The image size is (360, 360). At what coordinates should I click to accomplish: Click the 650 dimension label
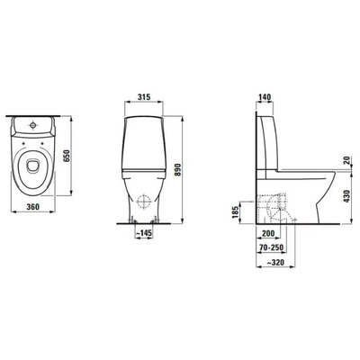[x=67, y=156]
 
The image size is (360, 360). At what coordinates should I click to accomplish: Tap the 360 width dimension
[x=33, y=207]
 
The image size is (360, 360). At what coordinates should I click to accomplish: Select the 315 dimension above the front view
[x=144, y=97]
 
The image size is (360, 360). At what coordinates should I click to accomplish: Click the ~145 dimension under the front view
[x=144, y=233]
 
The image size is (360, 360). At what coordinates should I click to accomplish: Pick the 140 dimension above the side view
[x=265, y=97]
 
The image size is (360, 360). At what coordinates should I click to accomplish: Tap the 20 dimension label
[x=346, y=161]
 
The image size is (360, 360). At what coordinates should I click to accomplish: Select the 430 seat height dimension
[x=346, y=196]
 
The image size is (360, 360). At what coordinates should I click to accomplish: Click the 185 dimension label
[x=236, y=212]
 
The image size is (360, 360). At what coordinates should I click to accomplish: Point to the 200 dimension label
[x=268, y=233]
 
